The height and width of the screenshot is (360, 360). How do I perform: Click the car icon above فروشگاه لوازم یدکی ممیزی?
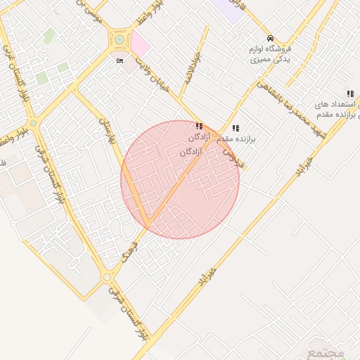270,38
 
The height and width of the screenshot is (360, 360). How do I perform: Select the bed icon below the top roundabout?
120,61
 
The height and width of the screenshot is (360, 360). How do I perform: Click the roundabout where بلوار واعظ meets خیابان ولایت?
120,40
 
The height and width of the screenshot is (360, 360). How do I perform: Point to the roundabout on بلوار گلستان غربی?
33,123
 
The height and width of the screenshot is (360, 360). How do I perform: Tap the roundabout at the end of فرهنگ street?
107,278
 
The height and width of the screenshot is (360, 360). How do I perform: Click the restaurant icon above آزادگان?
200,127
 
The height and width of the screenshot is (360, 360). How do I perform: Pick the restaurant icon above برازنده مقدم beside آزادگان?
235,129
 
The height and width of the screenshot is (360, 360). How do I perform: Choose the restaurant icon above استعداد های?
349,94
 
